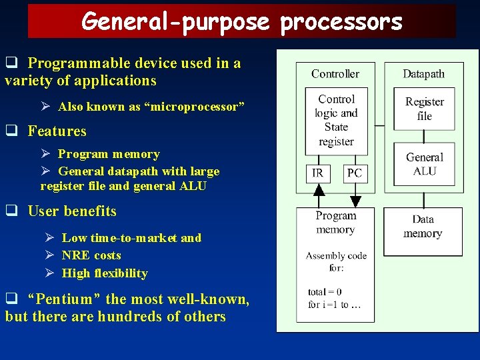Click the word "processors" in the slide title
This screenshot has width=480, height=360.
tap(341, 21)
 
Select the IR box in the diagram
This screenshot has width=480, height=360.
tap(318, 173)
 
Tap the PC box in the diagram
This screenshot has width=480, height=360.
tap(355, 173)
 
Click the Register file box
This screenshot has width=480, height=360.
tap(424, 109)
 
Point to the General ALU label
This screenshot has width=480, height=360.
tap(425, 164)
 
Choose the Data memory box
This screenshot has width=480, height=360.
tap(423, 227)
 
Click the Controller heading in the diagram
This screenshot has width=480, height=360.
tap(335, 74)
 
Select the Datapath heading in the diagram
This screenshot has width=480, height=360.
tap(423, 74)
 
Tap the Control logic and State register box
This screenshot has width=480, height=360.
tap(336, 120)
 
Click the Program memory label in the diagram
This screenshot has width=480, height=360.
tap(336, 223)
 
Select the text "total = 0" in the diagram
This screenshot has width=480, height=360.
tap(325, 291)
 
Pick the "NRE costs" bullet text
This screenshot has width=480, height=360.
tap(91, 255)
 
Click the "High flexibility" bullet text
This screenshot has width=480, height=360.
tap(105, 273)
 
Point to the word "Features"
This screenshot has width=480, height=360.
tap(57, 131)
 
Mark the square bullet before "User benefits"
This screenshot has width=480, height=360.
tap(11, 211)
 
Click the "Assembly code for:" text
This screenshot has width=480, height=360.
tap(335, 261)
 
